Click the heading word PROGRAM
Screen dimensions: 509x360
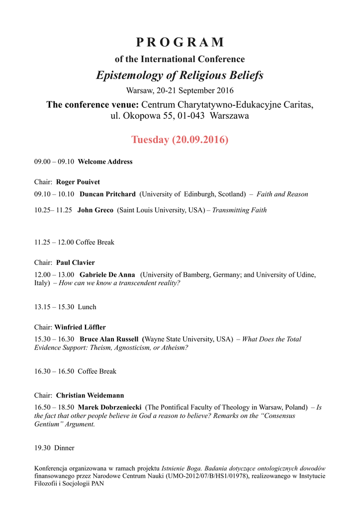click(180, 42)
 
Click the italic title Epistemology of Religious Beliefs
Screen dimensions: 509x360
click(180, 76)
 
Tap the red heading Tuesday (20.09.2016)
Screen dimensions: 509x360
click(180, 140)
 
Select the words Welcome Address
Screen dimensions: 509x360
click(105, 162)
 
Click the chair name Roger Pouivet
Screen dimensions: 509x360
click(78, 182)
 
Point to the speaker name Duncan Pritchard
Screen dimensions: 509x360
click(107, 194)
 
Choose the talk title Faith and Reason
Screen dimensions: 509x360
click(282, 194)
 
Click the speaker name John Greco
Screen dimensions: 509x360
click(95, 210)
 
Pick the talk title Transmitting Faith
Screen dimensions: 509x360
click(239, 210)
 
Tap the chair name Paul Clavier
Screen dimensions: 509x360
click(75, 262)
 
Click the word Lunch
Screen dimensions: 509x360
click(87, 307)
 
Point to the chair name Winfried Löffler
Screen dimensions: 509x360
click(80, 327)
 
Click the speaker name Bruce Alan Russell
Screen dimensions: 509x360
click(109, 339)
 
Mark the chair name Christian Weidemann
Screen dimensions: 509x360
click(90, 396)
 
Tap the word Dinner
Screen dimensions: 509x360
click(64, 448)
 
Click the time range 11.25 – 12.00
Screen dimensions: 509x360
click(54, 242)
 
